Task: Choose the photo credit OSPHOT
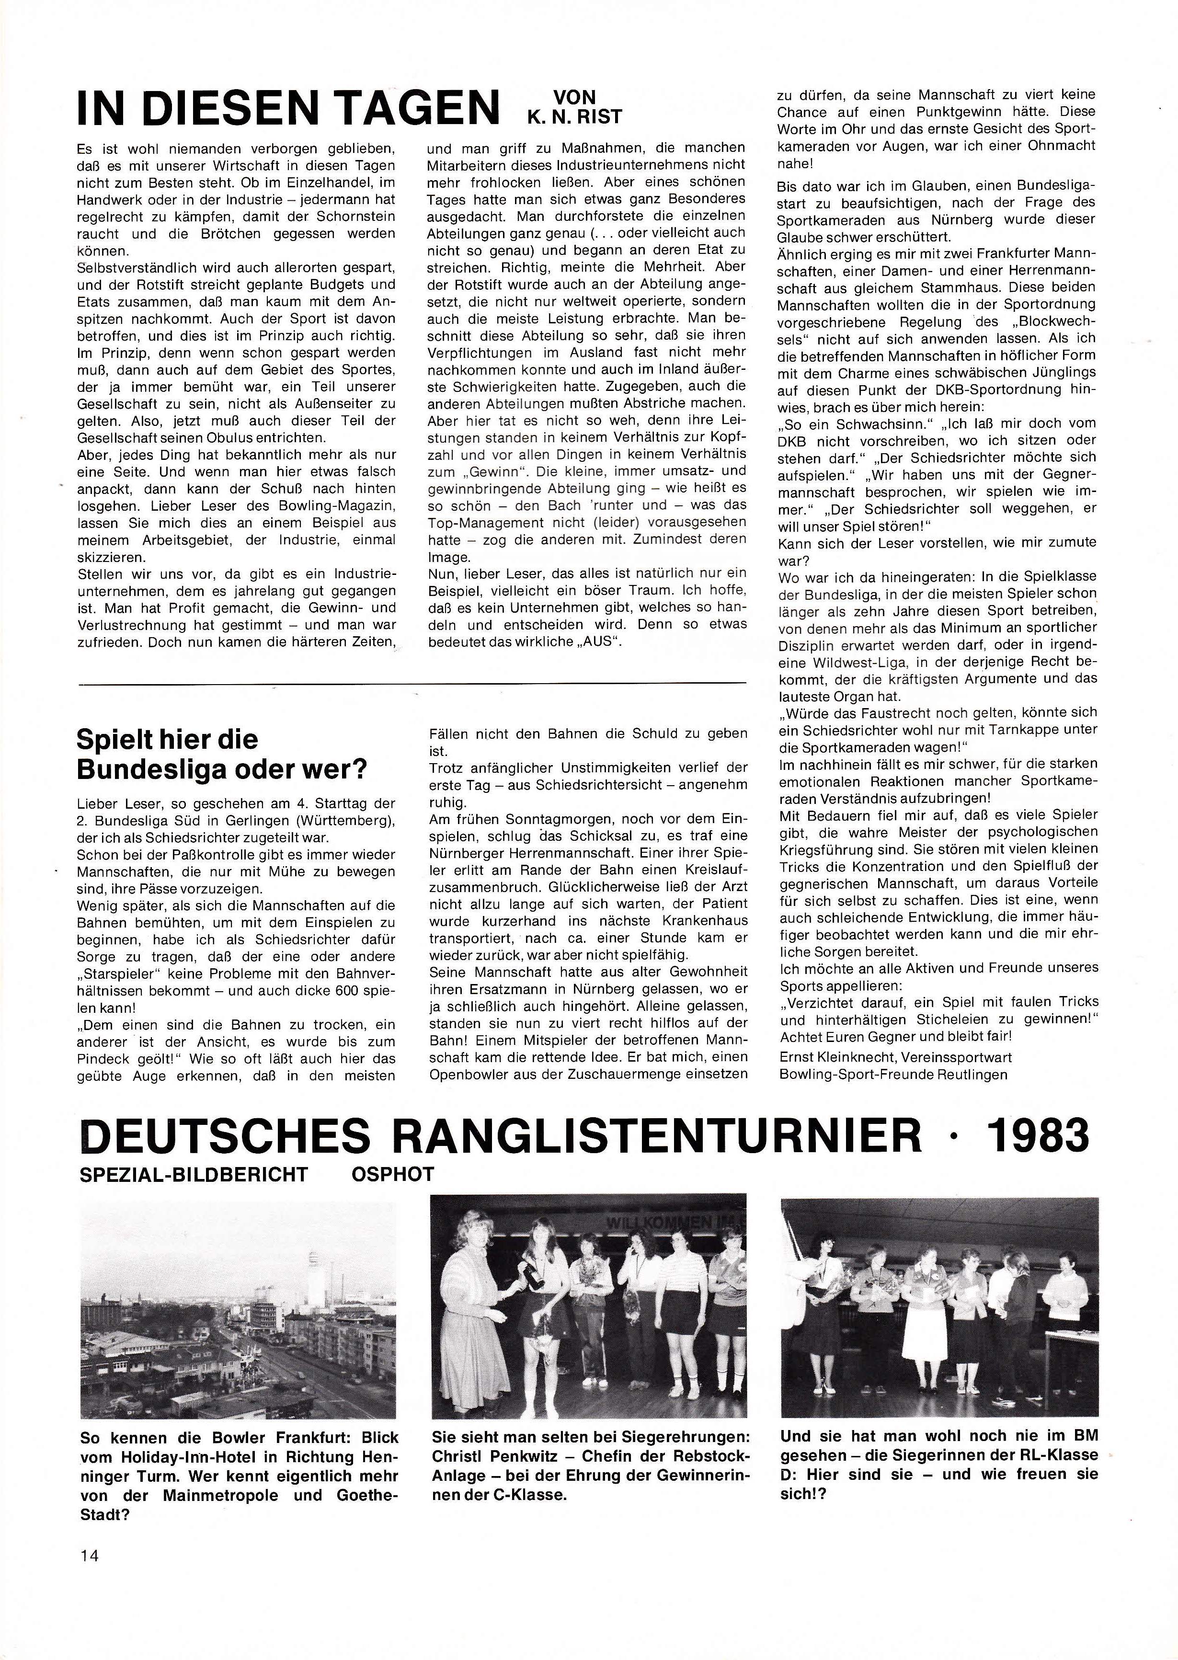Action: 392,1175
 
